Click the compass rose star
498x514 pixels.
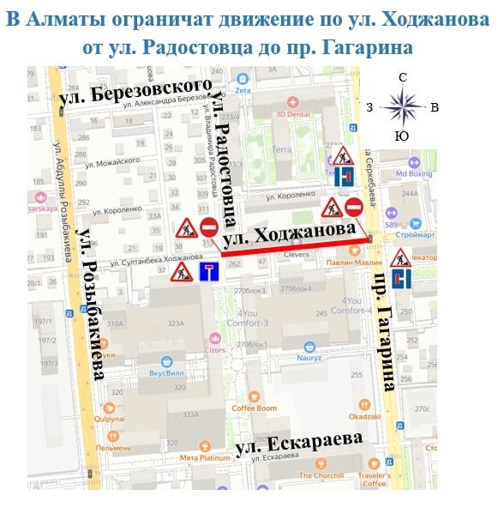click(402, 107)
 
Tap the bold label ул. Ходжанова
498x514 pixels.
click(288, 235)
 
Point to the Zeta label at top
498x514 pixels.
click(242, 90)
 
